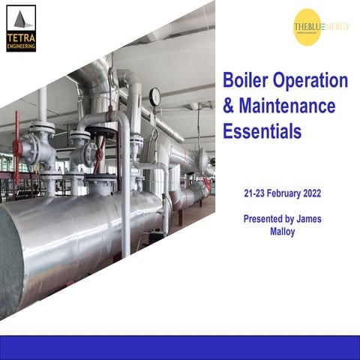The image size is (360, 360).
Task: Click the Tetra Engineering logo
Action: tap(20, 28)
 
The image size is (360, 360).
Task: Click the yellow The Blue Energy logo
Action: tap(307, 27)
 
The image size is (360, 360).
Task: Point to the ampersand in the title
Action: tap(229, 107)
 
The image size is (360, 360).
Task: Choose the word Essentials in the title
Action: tap(262, 132)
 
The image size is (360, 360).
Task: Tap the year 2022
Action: tap(324, 193)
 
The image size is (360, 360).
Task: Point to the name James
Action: tap(320, 219)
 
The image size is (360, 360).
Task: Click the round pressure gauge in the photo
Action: tap(155, 96)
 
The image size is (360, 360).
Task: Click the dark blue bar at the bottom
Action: tap(180, 346)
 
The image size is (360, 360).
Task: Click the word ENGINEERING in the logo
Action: tap(20, 46)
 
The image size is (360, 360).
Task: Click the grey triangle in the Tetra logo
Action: tap(20, 20)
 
